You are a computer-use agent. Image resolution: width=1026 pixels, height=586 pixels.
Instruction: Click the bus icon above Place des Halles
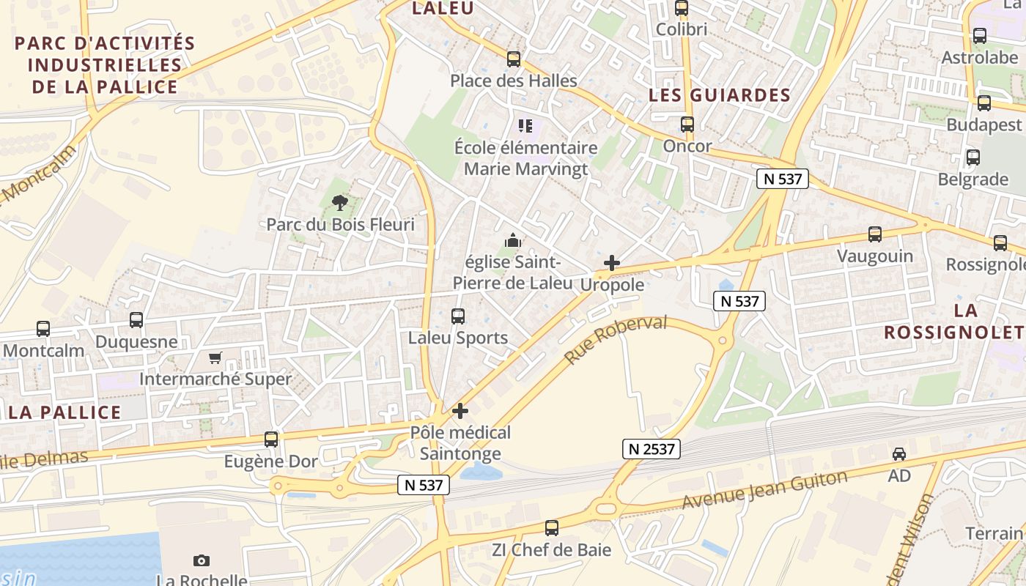click(x=514, y=59)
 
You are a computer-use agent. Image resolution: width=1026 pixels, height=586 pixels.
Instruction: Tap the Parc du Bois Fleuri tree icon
click(x=339, y=203)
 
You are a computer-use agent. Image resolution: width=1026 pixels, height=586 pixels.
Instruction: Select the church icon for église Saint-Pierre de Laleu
click(x=512, y=240)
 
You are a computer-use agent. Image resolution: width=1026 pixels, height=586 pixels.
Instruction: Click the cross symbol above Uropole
click(x=612, y=263)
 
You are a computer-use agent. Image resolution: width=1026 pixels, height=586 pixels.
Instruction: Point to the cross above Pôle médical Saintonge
click(x=460, y=411)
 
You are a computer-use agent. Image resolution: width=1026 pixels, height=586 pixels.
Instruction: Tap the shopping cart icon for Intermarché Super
click(x=215, y=357)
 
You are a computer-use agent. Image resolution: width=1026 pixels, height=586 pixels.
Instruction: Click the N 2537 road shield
click(x=652, y=448)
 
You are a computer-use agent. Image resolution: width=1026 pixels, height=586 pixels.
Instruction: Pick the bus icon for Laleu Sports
click(x=458, y=316)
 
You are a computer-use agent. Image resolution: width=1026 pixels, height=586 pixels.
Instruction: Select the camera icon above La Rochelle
click(x=202, y=560)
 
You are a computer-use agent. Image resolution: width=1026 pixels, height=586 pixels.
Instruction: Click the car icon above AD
click(x=899, y=454)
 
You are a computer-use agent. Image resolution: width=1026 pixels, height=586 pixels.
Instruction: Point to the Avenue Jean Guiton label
click(x=764, y=490)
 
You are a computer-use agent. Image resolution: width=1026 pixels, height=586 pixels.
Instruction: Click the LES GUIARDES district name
click(x=720, y=95)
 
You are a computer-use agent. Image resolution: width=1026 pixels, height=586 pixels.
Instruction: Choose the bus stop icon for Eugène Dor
click(x=271, y=439)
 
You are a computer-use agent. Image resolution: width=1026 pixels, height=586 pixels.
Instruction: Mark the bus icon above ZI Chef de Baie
click(x=552, y=528)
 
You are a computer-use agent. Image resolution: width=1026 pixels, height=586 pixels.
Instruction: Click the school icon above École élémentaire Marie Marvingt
click(x=525, y=126)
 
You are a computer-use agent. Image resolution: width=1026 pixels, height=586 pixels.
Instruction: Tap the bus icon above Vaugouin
click(x=875, y=234)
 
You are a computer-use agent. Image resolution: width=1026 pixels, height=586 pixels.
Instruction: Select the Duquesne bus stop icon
click(x=136, y=320)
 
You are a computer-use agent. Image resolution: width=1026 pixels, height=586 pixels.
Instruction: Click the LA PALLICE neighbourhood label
click(x=64, y=412)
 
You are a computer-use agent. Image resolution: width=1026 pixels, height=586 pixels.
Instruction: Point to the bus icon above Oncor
click(x=687, y=125)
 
